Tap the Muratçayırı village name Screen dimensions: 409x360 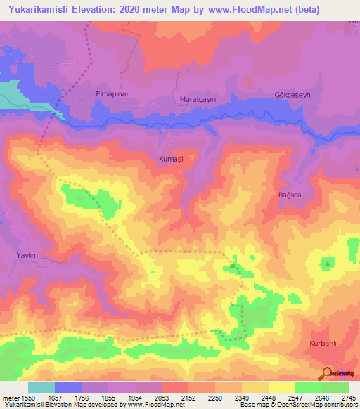pyautogui.click(x=199, y=99)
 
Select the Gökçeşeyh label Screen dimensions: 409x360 pyautogui.click(x=292, y=95)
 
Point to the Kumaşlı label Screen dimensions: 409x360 pyautogui.click(x=172, y=160)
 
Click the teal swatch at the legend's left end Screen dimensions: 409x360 pyautogui.click(x=41, y=387)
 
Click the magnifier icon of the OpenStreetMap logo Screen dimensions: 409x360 pyautogui.click(x=326, y=372)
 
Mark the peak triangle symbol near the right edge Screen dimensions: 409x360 pyautogui.click(x=328, y=264)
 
